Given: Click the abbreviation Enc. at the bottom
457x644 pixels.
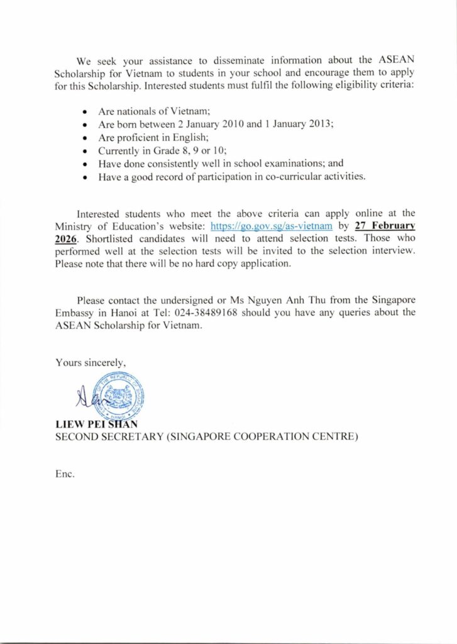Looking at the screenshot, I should [65, 474].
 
